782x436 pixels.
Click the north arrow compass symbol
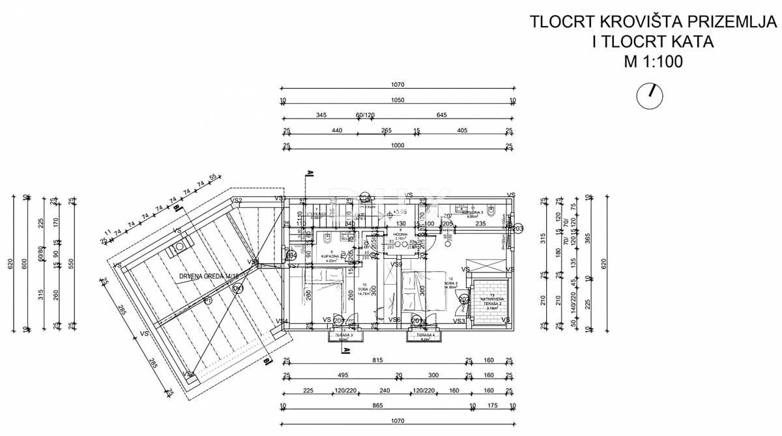pyautogui.click(x=649, y=95)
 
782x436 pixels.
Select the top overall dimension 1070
pyautogui.click(x=398, y=85)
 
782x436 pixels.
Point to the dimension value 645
pyautogui.click(x=441, y=115)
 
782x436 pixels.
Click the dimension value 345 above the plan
pyautogui.click(x=321, y=115)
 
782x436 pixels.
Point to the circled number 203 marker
pyautogui.click(x=518, y=229)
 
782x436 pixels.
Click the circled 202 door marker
pyautogui.click(x=464, y=300)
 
